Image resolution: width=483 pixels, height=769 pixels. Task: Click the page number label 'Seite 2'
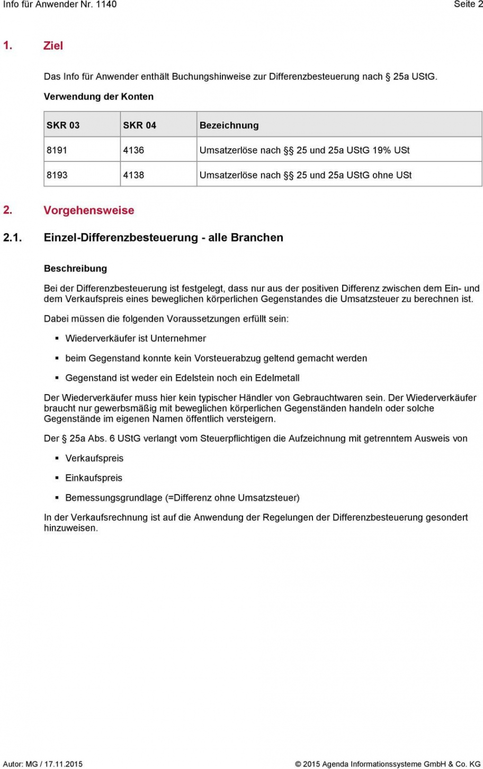coord(468,4)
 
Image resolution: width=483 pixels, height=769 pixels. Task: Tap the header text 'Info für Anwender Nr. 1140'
coord(60,4)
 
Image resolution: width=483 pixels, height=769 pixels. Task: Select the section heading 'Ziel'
coord(53,45)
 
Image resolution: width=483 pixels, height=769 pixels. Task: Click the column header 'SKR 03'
coord(63,125)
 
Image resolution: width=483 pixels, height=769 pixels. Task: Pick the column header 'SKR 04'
coord(139,125)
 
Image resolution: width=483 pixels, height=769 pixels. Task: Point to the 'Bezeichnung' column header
coord(229,125)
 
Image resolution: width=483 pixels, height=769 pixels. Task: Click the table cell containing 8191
coord(57,150)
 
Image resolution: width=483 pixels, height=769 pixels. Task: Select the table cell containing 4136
coord(133,150)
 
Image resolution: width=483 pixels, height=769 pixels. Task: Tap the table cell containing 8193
coord(57,175)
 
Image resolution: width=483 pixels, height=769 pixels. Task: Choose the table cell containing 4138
coord(133,175)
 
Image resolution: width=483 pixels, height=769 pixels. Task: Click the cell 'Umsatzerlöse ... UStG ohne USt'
coord(306,175)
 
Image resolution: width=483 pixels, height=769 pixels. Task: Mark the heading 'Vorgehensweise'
coord(88,210)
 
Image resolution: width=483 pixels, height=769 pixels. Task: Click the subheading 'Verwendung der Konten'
coord(99,97)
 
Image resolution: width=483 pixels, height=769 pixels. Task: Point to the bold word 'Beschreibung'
coord(75,269)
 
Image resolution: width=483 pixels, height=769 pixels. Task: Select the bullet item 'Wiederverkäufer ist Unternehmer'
coord(136,338)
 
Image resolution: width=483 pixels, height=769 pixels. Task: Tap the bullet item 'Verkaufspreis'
coord(94,459)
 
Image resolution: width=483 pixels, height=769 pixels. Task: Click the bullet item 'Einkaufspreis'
coord(94,478)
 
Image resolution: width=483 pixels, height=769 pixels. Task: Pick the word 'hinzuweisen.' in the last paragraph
coord(71,528)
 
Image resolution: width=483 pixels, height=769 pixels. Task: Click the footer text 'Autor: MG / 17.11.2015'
coord(43,764)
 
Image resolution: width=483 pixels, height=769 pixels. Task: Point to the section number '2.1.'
coord(12,237)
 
